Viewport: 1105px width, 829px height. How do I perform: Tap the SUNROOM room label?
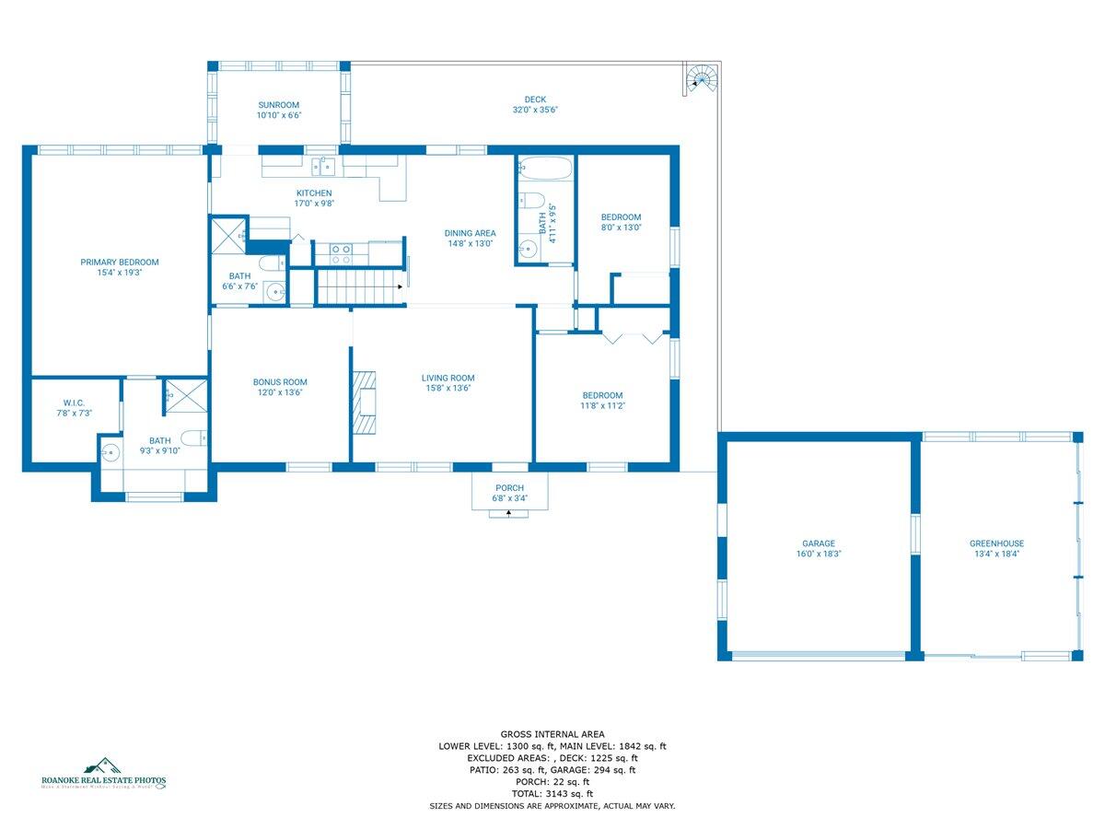[x=279, y=105]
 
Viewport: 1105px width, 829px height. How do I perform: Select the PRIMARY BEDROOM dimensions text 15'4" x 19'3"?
[x=119, y=273]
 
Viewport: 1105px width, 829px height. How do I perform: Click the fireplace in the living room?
[x=365, y=401]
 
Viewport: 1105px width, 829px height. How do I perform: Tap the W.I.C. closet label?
[x=75, y=403]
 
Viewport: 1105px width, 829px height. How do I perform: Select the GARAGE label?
[x=819, y=543]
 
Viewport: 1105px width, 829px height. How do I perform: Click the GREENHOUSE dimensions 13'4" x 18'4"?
[x=996, y=555]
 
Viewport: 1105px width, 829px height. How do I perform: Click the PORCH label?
[x=509, y=488]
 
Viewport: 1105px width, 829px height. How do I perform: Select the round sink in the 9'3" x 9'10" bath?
[x=112, y=452]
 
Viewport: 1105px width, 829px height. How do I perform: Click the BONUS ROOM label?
[x=280, y=382]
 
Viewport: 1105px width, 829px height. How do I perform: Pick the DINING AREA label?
[x=470, y=233]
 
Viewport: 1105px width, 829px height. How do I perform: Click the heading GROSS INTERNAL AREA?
[x=552, y=734]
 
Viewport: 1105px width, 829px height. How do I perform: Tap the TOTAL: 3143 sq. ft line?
[x=552, y=793]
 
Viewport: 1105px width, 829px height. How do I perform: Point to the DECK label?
[x=535, y=99]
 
